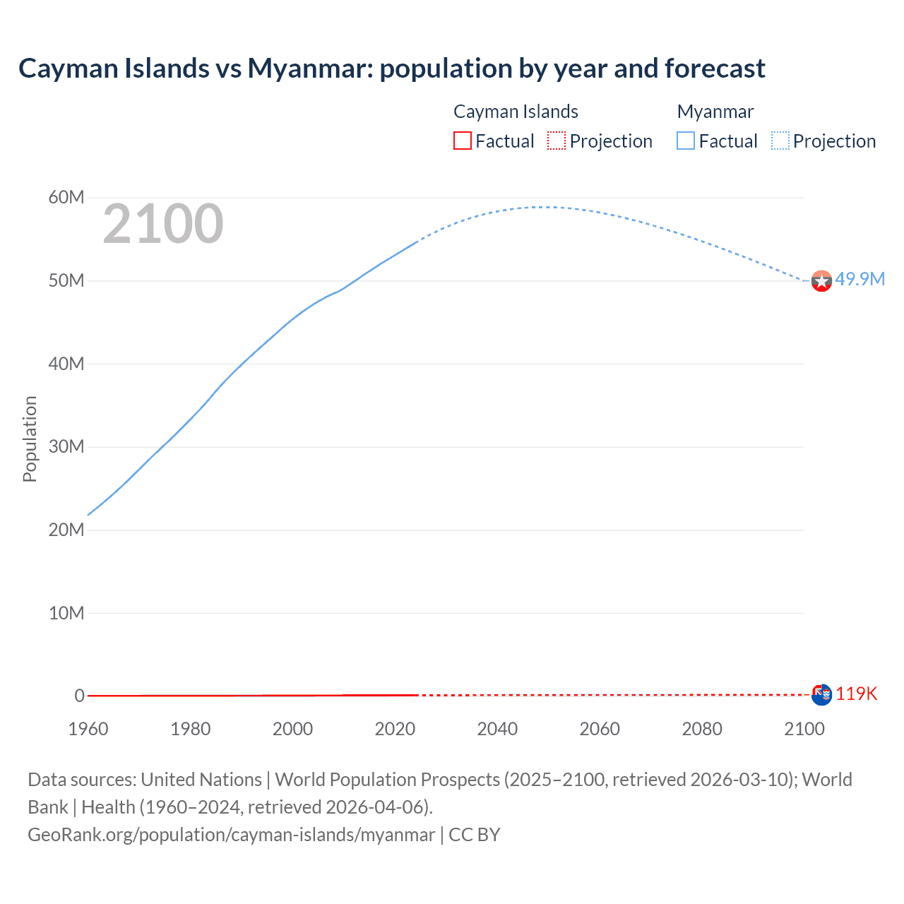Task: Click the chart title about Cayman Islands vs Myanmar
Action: click(x=391, y=69)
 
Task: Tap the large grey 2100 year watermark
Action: click(x=163, y=224)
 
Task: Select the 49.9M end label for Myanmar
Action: click(x=860, y=279)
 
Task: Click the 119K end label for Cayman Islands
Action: click(x=856, y=694)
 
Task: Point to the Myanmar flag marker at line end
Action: click(x=821, y=281)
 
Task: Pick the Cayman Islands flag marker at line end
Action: click(x=821, y=695)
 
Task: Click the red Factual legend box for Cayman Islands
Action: click(x=462, y=141)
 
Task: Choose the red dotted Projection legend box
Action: click(x=557, y=141)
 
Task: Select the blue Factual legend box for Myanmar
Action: click(x=686, y=141)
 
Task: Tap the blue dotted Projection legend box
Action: click(x=780, y=141)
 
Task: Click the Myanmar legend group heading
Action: click(x=715, y=112)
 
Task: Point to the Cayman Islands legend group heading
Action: click(x=516, y=112)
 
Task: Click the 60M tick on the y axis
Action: click(x=66, y=198)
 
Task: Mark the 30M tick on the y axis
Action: click(x=66, y=446)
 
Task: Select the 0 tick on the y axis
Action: click(x=79, y=696)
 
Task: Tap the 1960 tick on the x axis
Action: click(x=88, y=729)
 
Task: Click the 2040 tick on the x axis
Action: click(x=497, y=729)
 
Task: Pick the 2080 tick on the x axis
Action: click(x=702, y=729)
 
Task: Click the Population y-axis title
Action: click(x=30, y=439)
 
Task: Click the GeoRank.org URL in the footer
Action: click(x=231, y=835)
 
